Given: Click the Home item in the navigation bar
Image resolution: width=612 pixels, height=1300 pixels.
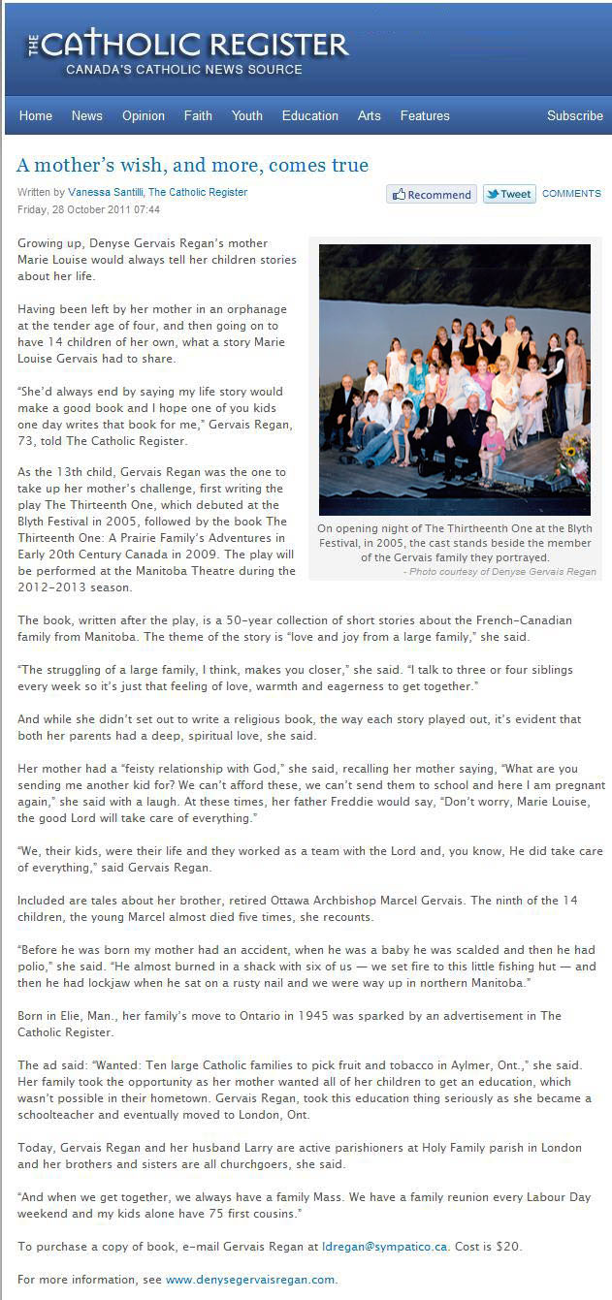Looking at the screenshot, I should click(36, 115).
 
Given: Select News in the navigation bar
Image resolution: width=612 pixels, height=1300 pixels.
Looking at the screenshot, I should click(86, 115).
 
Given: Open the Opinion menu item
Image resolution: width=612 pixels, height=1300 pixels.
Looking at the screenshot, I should click(144, 115).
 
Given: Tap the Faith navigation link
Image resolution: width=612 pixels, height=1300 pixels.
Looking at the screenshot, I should click(198, 115).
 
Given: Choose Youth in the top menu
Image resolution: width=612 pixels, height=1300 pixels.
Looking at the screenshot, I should click(247, 115).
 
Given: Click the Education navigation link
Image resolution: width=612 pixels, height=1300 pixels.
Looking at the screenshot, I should click(310, 115).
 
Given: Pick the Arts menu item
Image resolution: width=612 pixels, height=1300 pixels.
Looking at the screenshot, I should click(370, 115).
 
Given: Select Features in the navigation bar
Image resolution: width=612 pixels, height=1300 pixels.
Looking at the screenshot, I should click(425, 115).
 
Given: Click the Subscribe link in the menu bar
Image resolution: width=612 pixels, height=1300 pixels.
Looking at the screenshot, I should click(574, 115).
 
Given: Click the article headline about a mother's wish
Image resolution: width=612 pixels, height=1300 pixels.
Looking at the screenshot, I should click(193, 165).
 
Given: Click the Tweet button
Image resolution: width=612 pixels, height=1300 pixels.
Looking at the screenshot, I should click(508, 194).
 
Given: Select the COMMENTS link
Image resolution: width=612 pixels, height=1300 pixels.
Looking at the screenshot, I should click(571, 194).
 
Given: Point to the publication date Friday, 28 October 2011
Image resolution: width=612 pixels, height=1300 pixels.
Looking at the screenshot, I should click(89, 209).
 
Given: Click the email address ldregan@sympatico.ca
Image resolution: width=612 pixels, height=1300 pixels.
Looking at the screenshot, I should click(384, 1246).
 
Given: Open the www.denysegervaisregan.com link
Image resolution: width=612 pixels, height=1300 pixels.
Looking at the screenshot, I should click(250, 1280).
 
